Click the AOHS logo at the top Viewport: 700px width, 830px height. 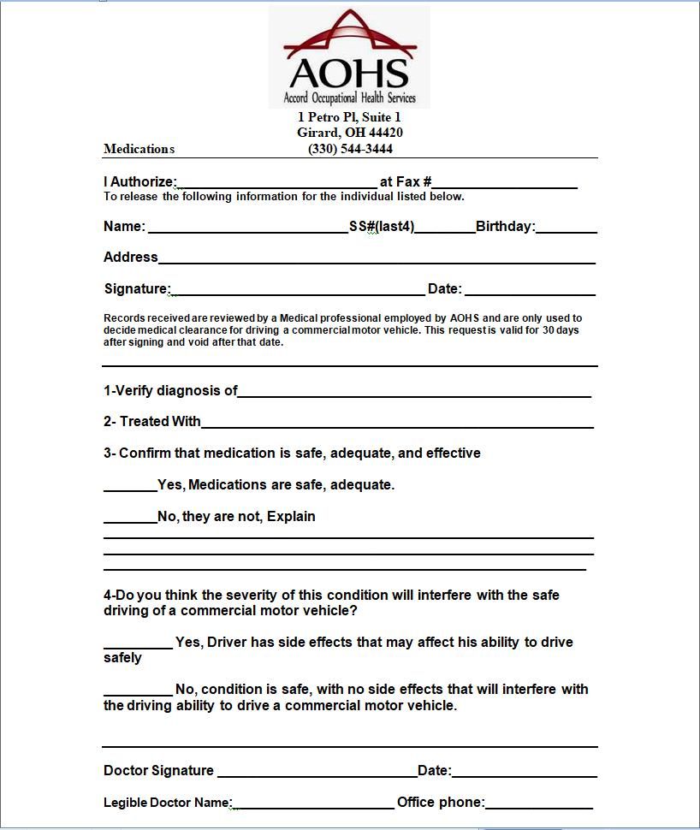[x=349, y=56]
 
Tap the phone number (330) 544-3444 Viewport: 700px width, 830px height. [x=350, y=149]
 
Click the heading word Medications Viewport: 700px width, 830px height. [x=139, y=149]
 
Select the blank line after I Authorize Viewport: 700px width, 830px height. [x=276, y=182]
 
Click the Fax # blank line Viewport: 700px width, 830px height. [x=504, y=182]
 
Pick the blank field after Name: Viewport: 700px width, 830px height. [x=247, y=228]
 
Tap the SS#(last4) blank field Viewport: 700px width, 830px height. [x=445, y=228]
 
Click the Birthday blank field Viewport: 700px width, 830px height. [x=566, y=228]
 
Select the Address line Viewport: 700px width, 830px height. [x=377, y=258]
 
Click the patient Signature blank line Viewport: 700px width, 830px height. [x=298, y=290]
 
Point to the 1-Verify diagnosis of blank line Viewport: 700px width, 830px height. [x=414, y=392]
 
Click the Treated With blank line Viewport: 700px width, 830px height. [x=397, y=423]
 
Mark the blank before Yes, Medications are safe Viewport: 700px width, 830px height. [x=130, y=486]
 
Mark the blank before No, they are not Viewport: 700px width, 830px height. [x=130, y=518]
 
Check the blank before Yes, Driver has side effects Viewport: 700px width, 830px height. [x=138, y=643]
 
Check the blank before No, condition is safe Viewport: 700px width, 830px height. [x=138, y=691]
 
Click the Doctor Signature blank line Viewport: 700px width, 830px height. [x=317, y=772]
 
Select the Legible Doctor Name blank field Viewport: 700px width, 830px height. [x=313, y=803]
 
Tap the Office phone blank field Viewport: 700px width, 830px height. [x=538, y=803]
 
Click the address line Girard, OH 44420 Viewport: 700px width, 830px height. [x=350, y=133]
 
